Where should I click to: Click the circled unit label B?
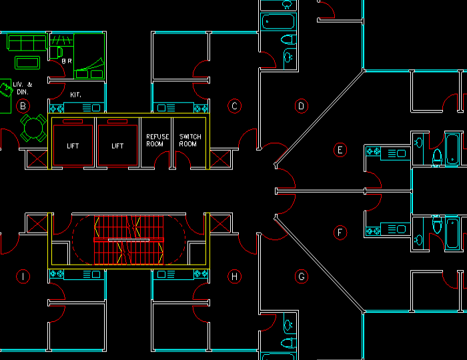23,105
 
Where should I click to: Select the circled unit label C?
234,105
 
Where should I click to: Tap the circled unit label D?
301,105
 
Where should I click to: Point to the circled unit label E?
340,150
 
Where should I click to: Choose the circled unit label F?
340,233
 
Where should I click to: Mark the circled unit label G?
301,276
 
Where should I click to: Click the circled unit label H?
234,276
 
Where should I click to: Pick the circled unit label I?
23,276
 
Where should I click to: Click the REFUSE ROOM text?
157,140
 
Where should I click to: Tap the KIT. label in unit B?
76,95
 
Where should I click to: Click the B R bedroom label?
67,61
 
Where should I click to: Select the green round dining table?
31,127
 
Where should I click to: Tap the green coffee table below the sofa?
27,63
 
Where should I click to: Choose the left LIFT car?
73,143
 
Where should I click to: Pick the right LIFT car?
117,143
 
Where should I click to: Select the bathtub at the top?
278,23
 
